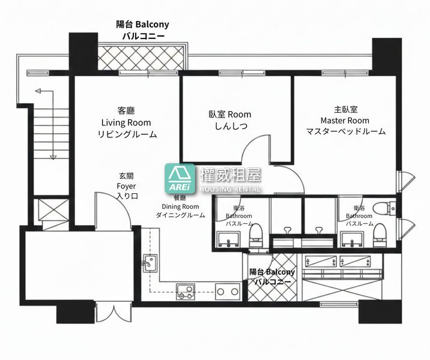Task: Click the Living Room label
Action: click(126, 122)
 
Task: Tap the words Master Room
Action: click(345, 121)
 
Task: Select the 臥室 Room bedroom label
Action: click(230, 114)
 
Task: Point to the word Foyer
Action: click(126, 187)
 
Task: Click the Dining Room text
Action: click(180, 206)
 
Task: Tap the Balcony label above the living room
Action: click(142, 25)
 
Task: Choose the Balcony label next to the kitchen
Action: click(272, 272)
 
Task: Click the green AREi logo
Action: click(180, 179)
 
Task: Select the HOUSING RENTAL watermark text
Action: click(230, 188)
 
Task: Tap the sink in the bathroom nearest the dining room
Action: click(228, 239)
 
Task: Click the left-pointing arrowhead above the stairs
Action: click(38, 91)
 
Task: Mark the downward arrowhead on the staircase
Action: click(53, 157)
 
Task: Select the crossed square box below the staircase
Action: click(53, 209)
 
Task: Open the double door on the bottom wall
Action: click(113, 313)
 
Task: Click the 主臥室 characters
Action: click(345, 109)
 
